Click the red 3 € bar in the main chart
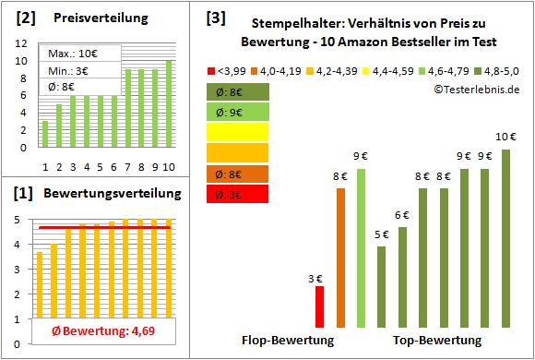point(319,306)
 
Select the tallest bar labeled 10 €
point(505,238)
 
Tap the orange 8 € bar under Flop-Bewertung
point(340,258)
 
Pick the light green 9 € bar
point(361,247)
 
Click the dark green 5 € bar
point(381,286)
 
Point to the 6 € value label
point(402,216)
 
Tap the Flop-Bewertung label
point(287,342)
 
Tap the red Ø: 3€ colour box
point(238,194)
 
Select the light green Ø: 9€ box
point(238,113)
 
